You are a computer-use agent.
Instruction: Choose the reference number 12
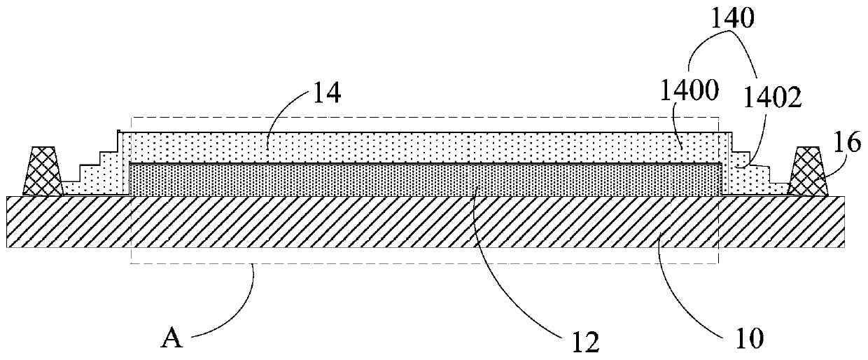pyautogui.click(x=586, y=342)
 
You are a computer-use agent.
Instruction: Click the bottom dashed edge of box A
pyautogui.click(x=420, y=264)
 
